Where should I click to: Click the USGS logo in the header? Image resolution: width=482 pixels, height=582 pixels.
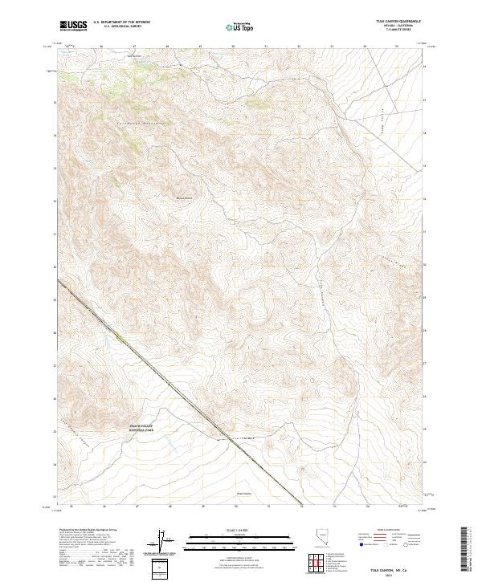click(x=74, y=26)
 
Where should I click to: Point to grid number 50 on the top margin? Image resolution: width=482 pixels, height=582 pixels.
click(x=233, y=47)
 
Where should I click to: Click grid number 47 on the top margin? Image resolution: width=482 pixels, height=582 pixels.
click(x=134, y=47)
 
